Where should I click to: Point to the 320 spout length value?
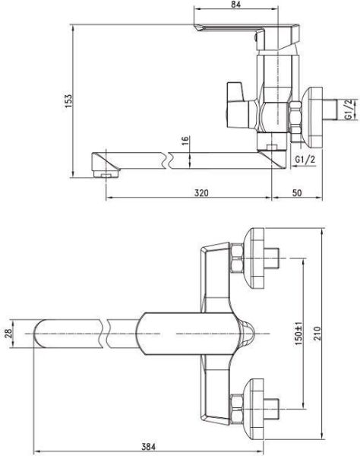pos(200,193)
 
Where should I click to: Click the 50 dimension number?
pos(297,193)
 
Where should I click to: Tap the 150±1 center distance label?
pos(297,334)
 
